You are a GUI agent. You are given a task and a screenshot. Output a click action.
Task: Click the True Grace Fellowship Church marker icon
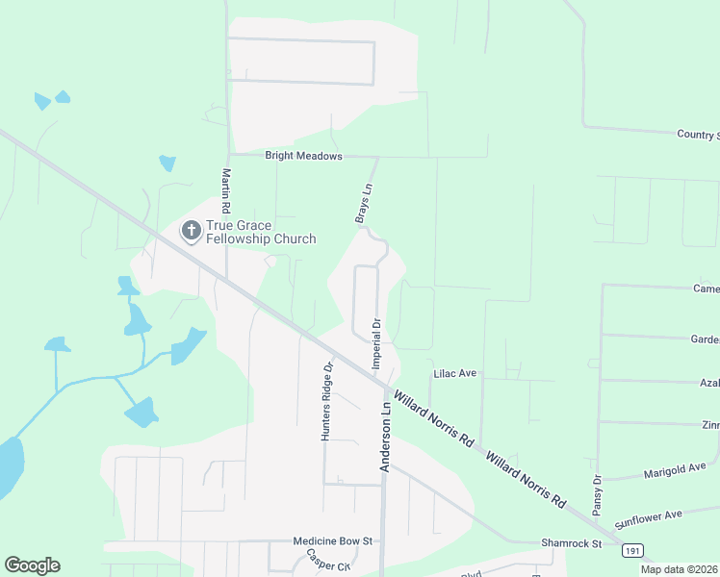(x=191, y=231)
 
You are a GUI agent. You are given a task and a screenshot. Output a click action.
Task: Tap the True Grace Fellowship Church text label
(x=261, y=232)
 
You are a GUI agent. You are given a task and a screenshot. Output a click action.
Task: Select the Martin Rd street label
(x=225, y=191)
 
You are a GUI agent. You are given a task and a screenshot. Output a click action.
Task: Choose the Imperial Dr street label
(x=377, y=343)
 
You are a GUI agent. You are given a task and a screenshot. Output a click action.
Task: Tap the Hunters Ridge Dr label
(x=326, y=401)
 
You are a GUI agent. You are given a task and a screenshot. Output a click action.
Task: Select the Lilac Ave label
(x=455, y=373)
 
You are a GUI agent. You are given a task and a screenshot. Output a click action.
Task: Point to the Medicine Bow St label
(x=332, y=542)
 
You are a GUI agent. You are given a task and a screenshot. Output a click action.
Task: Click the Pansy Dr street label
(x=597, y=493)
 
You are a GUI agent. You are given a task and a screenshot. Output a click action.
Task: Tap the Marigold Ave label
(x=677, y=469)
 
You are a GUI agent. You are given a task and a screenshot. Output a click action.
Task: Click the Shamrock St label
(x=571, y=543)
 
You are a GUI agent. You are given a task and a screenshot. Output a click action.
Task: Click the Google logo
(x=32, y=565)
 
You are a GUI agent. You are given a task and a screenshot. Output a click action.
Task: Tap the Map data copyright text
(x=680, y=569)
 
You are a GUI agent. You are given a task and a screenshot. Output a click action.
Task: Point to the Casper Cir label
(x=326, y=561)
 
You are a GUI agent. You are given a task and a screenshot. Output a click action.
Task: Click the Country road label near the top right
(x=698, y=135)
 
